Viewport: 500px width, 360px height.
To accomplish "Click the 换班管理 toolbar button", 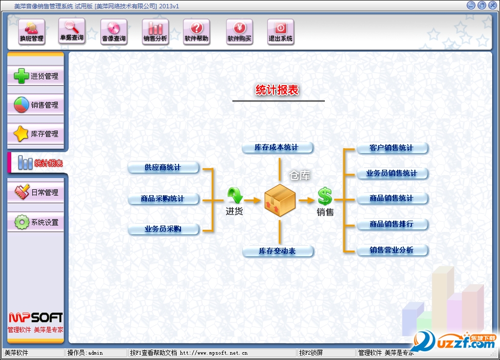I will [x=32, y=32].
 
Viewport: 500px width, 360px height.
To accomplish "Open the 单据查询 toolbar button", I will [x=71, y=31].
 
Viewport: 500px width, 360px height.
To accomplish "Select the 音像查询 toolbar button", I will [x=114, y=32].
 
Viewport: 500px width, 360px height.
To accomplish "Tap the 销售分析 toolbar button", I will [x=155, y=32].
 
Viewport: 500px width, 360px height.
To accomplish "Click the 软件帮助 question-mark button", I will [x=196, y=32].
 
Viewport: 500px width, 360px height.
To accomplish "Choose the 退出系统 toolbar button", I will [x=281, y=32].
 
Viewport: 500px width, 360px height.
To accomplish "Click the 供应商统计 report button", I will [x=163, y=168].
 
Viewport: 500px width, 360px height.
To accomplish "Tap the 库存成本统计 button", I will [x=277, y=147].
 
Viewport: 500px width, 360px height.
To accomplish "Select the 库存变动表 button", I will [x=277, y=251].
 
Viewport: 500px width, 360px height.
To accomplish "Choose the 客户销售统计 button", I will [x=392, y=148].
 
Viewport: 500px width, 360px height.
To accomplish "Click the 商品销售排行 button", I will [x=392, y=224].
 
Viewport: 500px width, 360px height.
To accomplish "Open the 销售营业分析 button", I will [x=392, y=250].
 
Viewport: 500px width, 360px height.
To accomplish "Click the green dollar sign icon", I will [x=325, y=197].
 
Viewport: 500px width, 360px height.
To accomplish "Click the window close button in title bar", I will [x=492, y=5].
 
